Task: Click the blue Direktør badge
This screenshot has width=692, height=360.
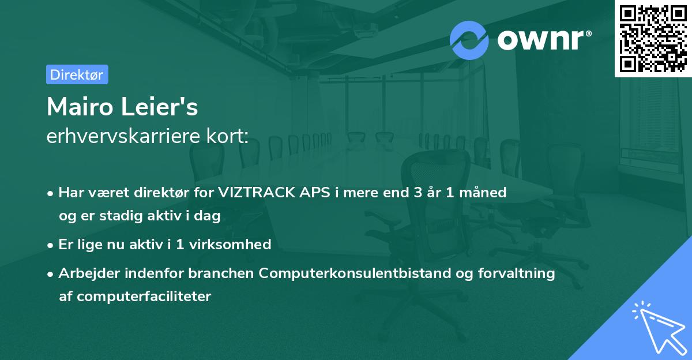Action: [x=77, y=74]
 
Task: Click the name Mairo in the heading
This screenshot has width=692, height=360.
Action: [x=80, y=107]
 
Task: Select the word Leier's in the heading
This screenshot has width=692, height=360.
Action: [x=159, y=107]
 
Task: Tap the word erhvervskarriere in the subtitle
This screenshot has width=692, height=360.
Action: [x=123, y=136]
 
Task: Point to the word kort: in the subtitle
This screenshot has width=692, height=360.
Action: [x=227, y=136]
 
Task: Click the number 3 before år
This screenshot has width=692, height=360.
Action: [x=418, y=192]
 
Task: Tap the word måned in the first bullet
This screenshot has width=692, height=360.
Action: [x=483, y=192]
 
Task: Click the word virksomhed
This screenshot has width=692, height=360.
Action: [x=230, y=244]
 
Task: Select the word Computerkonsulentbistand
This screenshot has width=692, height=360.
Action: [x=355, y=273]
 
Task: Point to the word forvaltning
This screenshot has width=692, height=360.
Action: [x=517, y=273]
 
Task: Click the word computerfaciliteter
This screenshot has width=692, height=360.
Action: [x=144, y=297]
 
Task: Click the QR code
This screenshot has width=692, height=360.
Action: [x=653, y=39]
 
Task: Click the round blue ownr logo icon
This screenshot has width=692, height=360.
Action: [x=469, y=40]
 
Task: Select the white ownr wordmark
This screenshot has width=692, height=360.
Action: [x=544, y=40]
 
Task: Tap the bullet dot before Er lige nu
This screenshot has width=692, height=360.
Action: [x=50, y=246]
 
